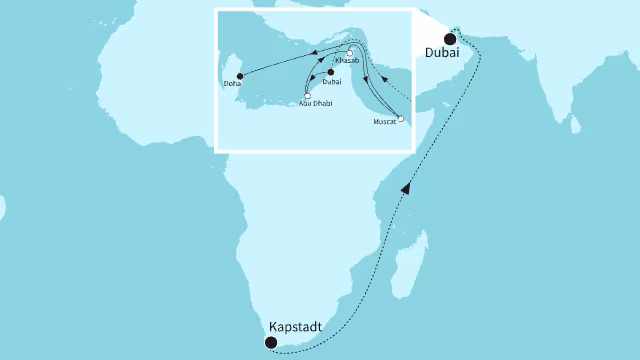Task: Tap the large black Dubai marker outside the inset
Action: (450, 39)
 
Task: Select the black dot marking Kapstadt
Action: (270, 342)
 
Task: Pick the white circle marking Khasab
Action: (350, 52)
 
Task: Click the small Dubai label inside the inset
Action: (333, 82)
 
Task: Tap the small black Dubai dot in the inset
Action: (331, 72)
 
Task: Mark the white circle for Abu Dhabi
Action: (307, 96)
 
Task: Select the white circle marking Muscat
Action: (400, 119)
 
